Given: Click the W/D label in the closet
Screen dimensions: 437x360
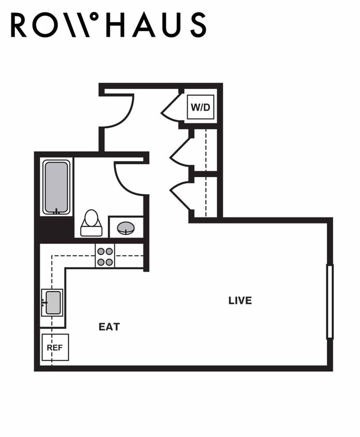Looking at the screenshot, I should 200,108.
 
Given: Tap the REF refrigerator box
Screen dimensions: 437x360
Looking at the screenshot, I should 55,347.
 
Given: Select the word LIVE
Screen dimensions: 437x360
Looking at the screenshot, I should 240,300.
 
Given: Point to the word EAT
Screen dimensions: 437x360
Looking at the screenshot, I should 109,327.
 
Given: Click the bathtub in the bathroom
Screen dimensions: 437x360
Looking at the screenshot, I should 56,187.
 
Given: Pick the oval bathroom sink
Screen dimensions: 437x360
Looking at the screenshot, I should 126,228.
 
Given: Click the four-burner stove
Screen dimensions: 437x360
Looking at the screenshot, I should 105,256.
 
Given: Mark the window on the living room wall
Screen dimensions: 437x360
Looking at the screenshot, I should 329,301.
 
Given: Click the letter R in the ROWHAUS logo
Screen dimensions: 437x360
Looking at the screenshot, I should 19,25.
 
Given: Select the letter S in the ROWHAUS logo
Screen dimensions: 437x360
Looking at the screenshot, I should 197,25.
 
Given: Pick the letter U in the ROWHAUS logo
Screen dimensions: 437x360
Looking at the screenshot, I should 170,25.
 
